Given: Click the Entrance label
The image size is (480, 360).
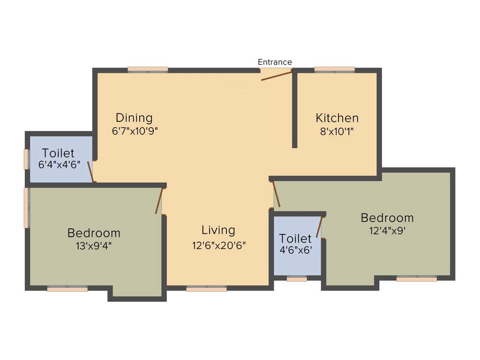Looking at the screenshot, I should click(x=275, y=62).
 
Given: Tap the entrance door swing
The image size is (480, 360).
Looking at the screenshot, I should click(x=276, y=76).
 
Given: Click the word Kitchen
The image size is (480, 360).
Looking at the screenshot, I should click(x=337, y=118).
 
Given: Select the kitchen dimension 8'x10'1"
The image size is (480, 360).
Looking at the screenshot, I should click(x=337, y=132).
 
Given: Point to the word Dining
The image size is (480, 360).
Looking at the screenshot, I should click(x=134, y=118).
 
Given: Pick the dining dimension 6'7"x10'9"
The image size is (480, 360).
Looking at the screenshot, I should click(x=135, y=131).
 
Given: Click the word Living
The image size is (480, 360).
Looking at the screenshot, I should click(x=218, y=230).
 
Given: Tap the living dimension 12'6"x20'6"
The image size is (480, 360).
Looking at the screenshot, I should click(x=218, y=245).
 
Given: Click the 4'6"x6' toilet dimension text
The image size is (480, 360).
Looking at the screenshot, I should click(x=296, y=250).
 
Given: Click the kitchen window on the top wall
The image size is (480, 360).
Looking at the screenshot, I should click(x=334, y=69).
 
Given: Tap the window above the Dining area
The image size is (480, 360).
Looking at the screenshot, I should click(x=148, y=69).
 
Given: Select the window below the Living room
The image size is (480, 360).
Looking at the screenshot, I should click(x=206, y=289).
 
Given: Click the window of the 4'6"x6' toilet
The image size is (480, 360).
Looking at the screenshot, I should click(x=297, y=279).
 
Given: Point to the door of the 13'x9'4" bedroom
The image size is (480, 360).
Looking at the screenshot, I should click(x=159, y=201).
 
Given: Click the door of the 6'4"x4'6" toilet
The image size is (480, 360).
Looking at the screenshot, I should click(x=91, y=171).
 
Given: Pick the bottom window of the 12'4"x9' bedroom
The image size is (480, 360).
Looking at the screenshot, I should click(x=416, y=278).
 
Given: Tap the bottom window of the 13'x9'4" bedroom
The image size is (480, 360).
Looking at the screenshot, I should click(x=67, y=289).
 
